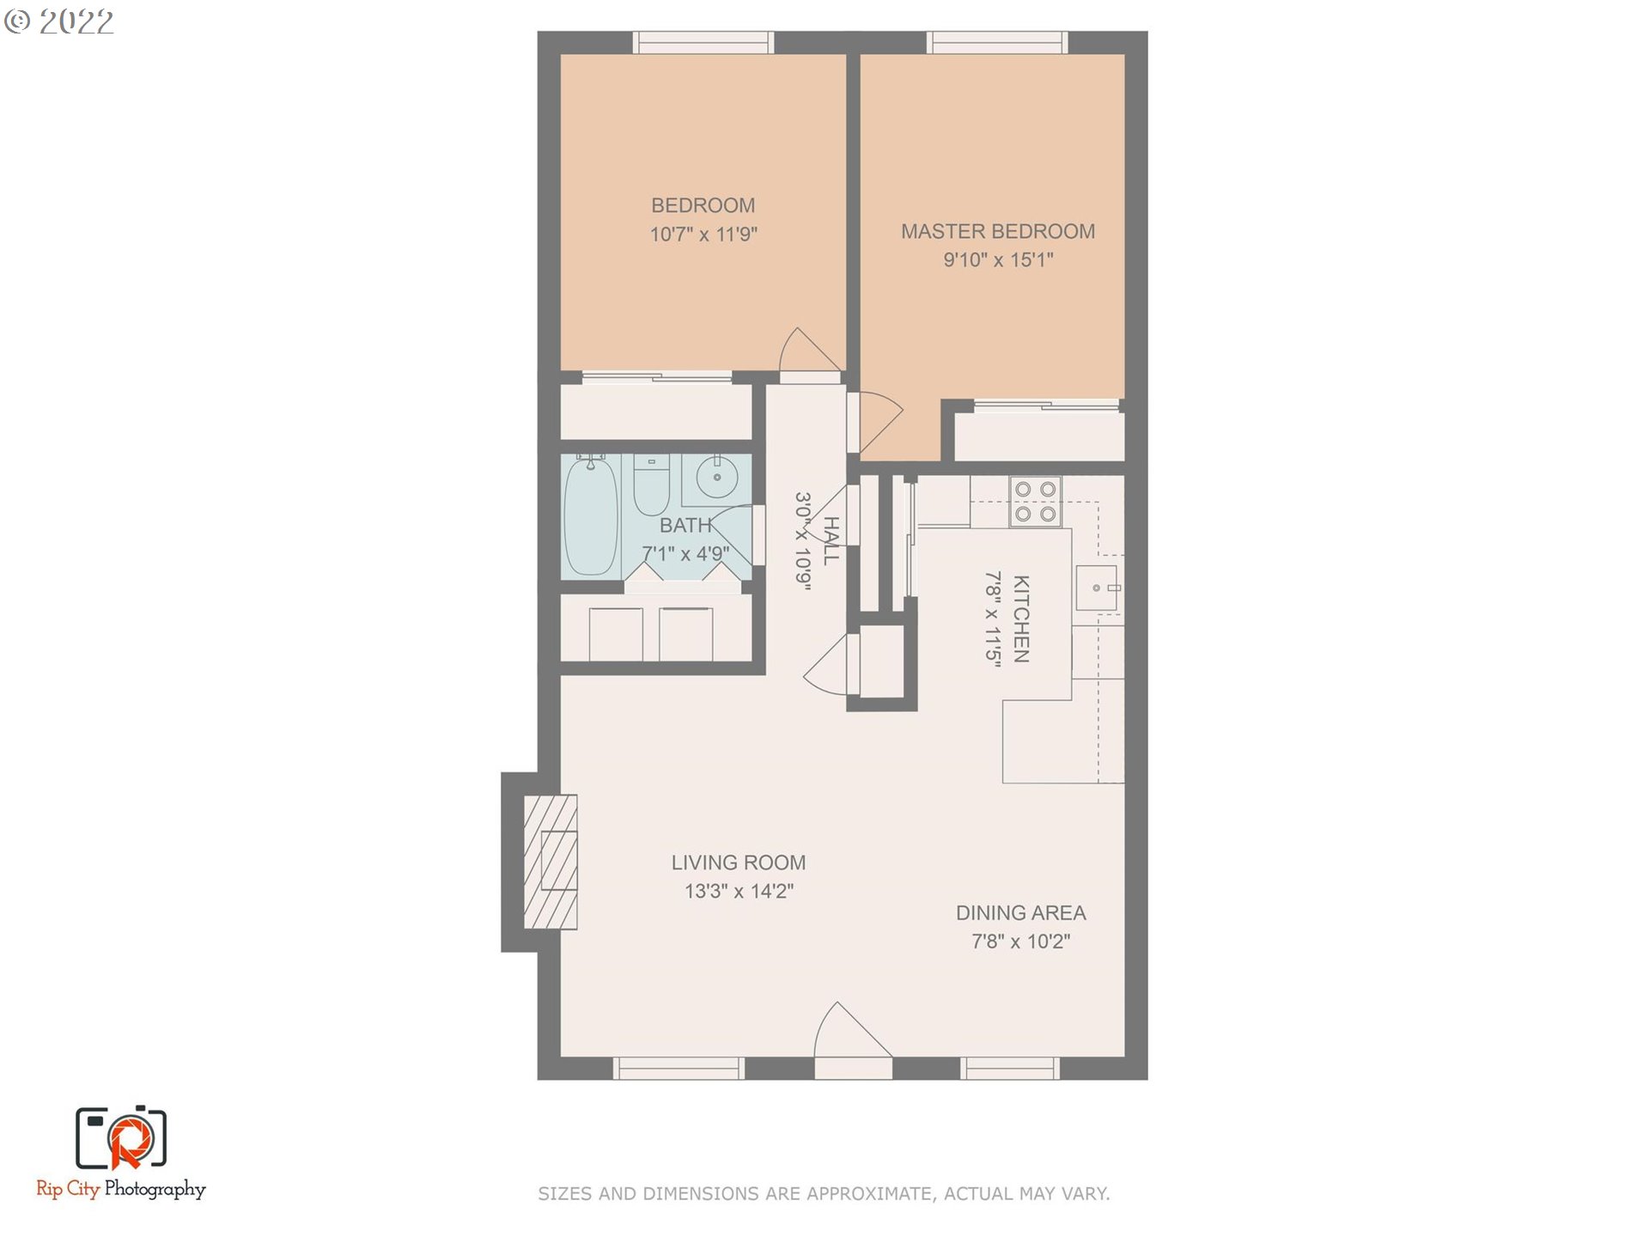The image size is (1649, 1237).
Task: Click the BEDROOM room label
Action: (703, 205)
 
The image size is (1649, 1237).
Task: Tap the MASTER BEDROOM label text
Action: (998, 231)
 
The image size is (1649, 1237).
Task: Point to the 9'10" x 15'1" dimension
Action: (998, 259)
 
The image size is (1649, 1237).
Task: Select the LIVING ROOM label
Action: (739, 862)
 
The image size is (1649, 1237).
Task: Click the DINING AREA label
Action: (1021, 913)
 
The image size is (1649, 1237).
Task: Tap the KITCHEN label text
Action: (1021, 618)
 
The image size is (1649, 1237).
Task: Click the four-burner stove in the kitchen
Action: (1035, 502)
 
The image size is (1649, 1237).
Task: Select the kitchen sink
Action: (1098, 588)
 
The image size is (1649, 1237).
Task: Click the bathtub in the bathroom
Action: (591, 515)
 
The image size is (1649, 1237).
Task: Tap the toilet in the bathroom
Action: (651, 484)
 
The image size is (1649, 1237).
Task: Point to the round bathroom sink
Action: (717, 477)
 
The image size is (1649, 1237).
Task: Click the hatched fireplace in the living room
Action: (551, 862)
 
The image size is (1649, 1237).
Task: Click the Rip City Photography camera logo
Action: (121, 1138)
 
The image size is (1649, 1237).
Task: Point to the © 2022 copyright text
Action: (58, 22)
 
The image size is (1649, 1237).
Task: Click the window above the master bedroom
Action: (997, 42)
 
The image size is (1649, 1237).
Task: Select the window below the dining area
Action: (1010, 1069)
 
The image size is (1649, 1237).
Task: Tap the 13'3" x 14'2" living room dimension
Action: (739, 891)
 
